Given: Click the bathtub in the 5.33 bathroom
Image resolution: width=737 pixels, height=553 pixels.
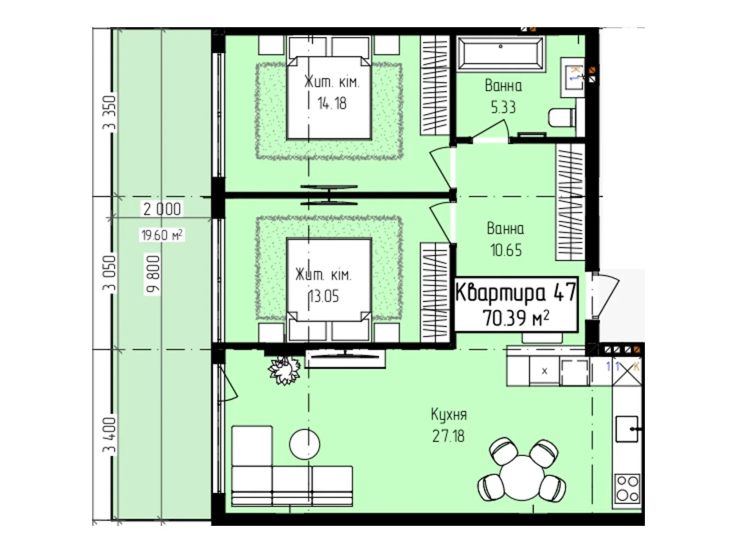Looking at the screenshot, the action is coord(500,54).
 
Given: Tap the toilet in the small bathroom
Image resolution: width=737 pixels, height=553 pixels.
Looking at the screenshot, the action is coord(562,117).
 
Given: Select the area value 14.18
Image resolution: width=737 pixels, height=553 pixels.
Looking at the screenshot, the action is coord(332,103).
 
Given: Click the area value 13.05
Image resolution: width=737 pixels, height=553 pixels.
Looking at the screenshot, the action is coord(324,296).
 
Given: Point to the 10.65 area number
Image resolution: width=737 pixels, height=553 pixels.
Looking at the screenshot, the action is coord(506,250).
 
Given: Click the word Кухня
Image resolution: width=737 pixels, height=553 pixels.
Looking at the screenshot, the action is coord(449,415).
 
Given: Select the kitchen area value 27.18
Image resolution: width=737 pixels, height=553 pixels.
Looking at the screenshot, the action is coord(448,436).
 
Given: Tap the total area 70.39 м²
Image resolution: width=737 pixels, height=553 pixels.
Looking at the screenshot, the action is coord(516,318).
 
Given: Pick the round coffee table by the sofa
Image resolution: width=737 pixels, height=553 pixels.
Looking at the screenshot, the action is coord(304,444).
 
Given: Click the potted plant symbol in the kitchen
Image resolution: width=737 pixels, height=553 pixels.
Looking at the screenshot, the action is coord(284,370).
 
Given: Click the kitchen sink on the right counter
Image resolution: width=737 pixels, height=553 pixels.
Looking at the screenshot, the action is coord(626,429).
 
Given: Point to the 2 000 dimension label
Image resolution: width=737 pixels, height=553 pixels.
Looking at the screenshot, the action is coord(162,209).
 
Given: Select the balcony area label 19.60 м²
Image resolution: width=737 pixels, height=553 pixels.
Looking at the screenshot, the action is coord(162,235).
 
